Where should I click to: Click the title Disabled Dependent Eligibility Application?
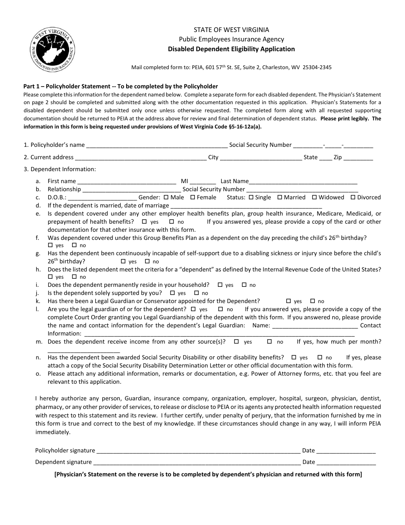[x=231, y=49]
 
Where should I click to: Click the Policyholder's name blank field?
[x=157, y=145]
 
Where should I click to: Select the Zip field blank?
[x=358, y=157]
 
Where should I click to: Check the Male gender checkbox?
[x=166, y=197]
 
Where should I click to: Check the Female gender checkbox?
[x=193, y=197]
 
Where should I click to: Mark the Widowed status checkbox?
[x=314, y=197]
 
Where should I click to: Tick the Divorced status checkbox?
[x=353, y=197]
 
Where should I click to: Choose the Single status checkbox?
[x=251, y=197]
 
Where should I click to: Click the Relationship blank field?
[x=131, y=190]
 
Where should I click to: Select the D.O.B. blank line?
[x=102, y=198]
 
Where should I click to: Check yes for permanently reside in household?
[x=220, y=285]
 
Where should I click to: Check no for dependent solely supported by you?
[x=197, y=293]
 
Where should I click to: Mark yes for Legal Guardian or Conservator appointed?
[x=288, y=301]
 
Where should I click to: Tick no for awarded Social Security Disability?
[x=320, y=357]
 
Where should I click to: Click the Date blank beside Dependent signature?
[x=346, y=462]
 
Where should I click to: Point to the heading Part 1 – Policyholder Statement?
[x=121, y=86]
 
